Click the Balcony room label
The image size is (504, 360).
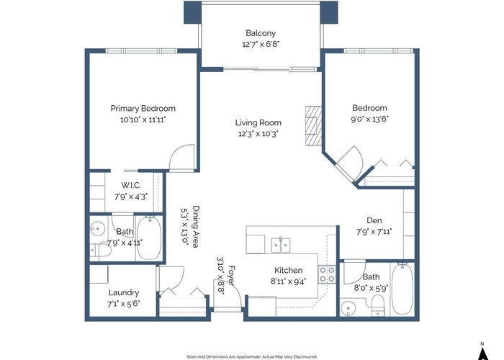[261, 33]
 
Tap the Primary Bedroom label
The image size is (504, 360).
[143, 109]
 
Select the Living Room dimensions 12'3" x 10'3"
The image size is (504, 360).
[258, 134]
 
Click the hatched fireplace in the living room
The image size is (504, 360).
[313, 126]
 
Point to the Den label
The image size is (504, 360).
[374, 220]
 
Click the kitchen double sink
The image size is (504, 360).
[281, 245]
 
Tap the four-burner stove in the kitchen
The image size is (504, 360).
[327, 275]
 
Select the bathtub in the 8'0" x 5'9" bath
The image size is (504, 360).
[402, 289]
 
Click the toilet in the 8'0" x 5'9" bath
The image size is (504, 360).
[378, 305]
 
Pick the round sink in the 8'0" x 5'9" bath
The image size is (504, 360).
[348, 308]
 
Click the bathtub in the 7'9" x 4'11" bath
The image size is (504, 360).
[149, 238]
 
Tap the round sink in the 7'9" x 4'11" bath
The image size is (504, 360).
[97, 228]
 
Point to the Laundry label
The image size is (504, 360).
[124, 293]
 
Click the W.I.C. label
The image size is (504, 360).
[131, 186]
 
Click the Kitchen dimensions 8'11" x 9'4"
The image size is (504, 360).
[288, 282]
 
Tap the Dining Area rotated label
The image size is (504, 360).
[196, 227]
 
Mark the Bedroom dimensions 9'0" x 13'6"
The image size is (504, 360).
[369, 120]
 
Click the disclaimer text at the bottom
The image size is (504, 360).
[252, 356]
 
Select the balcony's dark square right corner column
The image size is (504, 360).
[329, 12]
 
